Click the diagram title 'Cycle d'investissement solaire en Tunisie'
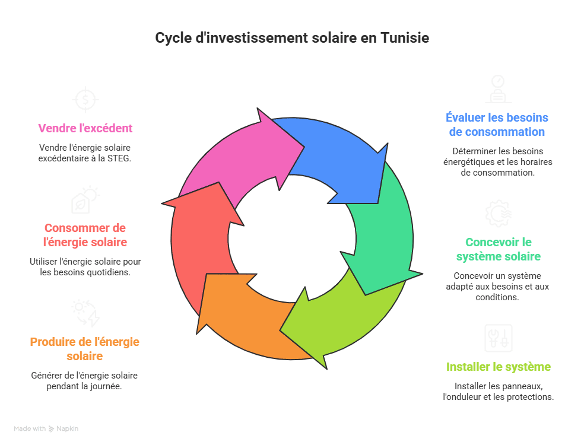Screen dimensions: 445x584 (x=291, y=38)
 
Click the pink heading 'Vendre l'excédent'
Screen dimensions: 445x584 (x=85, y=128)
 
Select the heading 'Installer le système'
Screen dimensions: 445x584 (x=499, y=367)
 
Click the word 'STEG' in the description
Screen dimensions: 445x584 (x=119, y=158)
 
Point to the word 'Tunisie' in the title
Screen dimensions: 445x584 (x=404, y=38)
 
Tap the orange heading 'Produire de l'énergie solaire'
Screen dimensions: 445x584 (x=85, y=349)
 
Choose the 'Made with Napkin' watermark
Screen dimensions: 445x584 (x=46, y=428)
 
